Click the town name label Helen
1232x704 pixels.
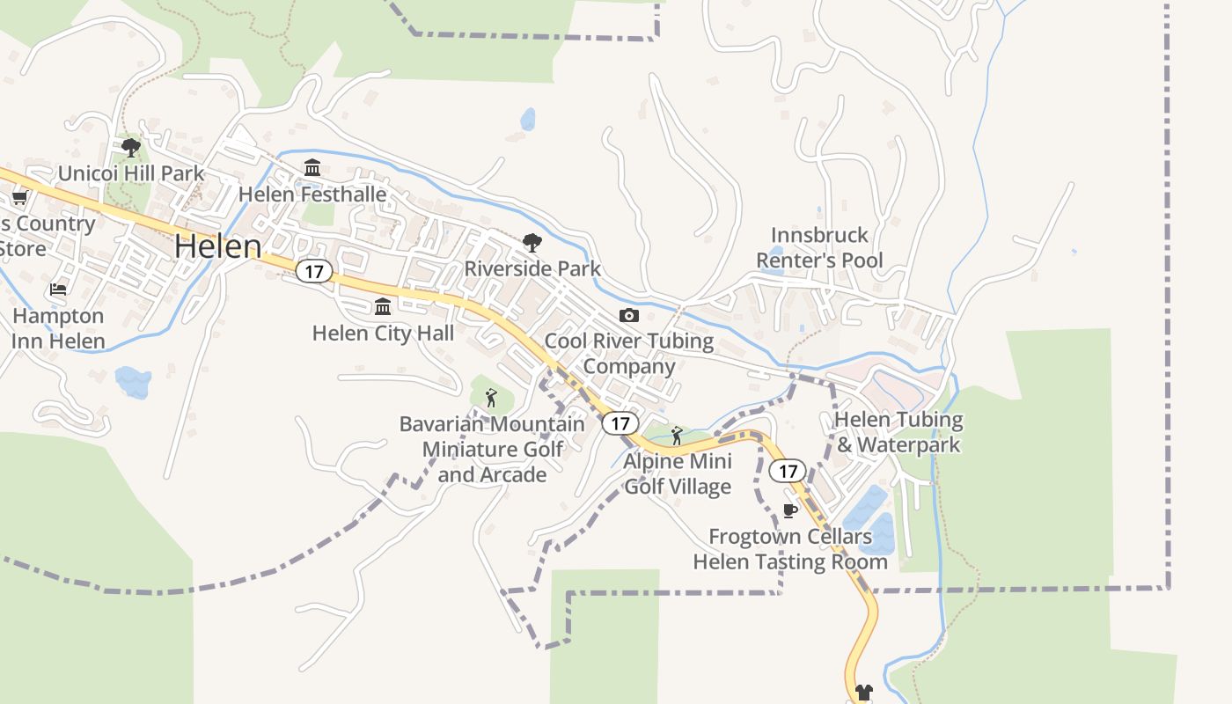coord(217,246)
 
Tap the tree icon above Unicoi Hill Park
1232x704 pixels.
coord(131,147)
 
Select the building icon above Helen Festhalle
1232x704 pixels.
coord(312,167)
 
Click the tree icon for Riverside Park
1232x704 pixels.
coord(532,243)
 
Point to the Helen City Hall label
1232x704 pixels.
coord(383,333)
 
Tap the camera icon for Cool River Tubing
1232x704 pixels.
coord(628,315)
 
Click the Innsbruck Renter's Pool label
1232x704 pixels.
coord(819,247)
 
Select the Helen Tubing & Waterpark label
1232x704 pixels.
coord(898,432)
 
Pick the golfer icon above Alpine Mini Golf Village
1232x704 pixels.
coord(676,435)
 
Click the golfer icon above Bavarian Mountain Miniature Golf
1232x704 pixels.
coord(491,398)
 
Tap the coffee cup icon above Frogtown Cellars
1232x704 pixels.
coord(789,510)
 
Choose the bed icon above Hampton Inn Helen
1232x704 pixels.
coord(58,289)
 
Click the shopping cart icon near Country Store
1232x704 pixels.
coord(19,197)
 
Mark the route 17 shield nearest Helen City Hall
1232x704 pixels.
coord(313,271)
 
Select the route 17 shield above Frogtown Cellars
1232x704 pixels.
coord(787,471)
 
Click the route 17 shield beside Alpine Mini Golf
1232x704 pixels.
coord(620,423)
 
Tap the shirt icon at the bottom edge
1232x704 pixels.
coord(863,693)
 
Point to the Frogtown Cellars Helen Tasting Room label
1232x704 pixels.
coord(789,548)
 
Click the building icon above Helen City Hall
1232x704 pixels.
coord(383,306)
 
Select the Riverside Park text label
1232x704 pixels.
coord(532,268)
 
